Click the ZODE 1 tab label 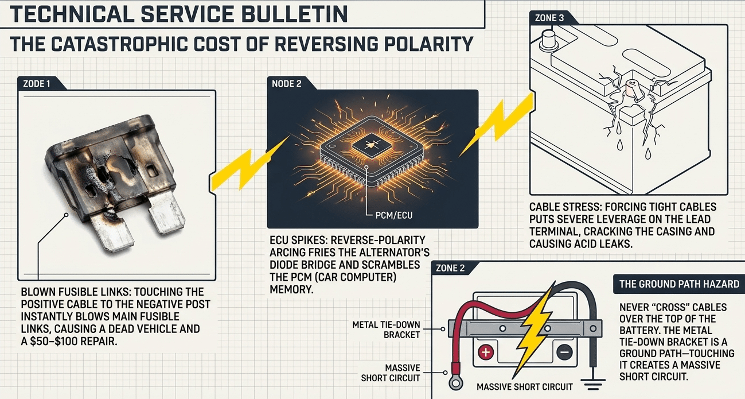[x=37, y=84]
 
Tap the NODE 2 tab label [x=286, y=84]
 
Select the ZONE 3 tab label [x=549, y=18]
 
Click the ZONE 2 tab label [x=450, y=268]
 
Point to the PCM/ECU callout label [x=394, y=215]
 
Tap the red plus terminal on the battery [x=486, y=352]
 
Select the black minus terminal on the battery [x=564, y=352]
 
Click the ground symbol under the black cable [x=593, y=384]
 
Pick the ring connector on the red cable [x=455, y=383]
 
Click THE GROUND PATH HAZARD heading [x=679, y=284]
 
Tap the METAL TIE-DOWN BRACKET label [x=386, y=330]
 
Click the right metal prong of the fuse [x=166, y=213]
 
